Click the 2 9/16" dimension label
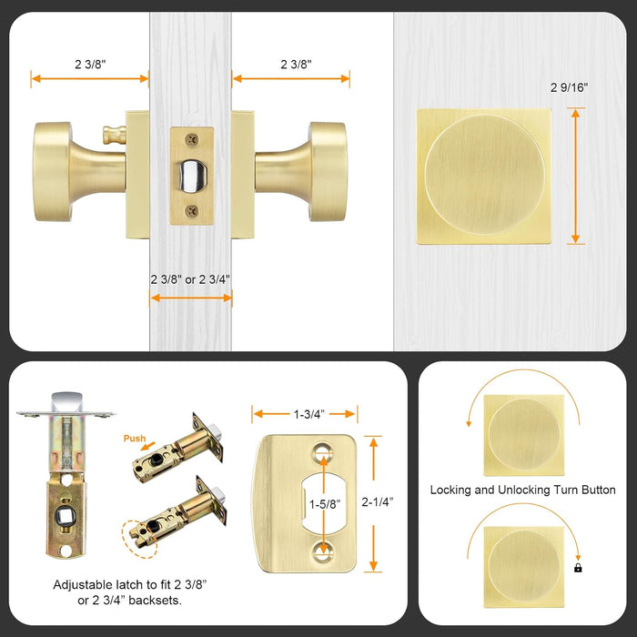coord(569,88)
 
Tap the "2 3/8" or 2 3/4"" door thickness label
coord(190,279)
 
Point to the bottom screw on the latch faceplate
coord(191,210)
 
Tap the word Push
coord(134,439)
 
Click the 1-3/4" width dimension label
coord(306,414)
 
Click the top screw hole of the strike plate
coord(320,451)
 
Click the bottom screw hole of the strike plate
coord(320,550)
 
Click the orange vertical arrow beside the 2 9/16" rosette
coord(575,175)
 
